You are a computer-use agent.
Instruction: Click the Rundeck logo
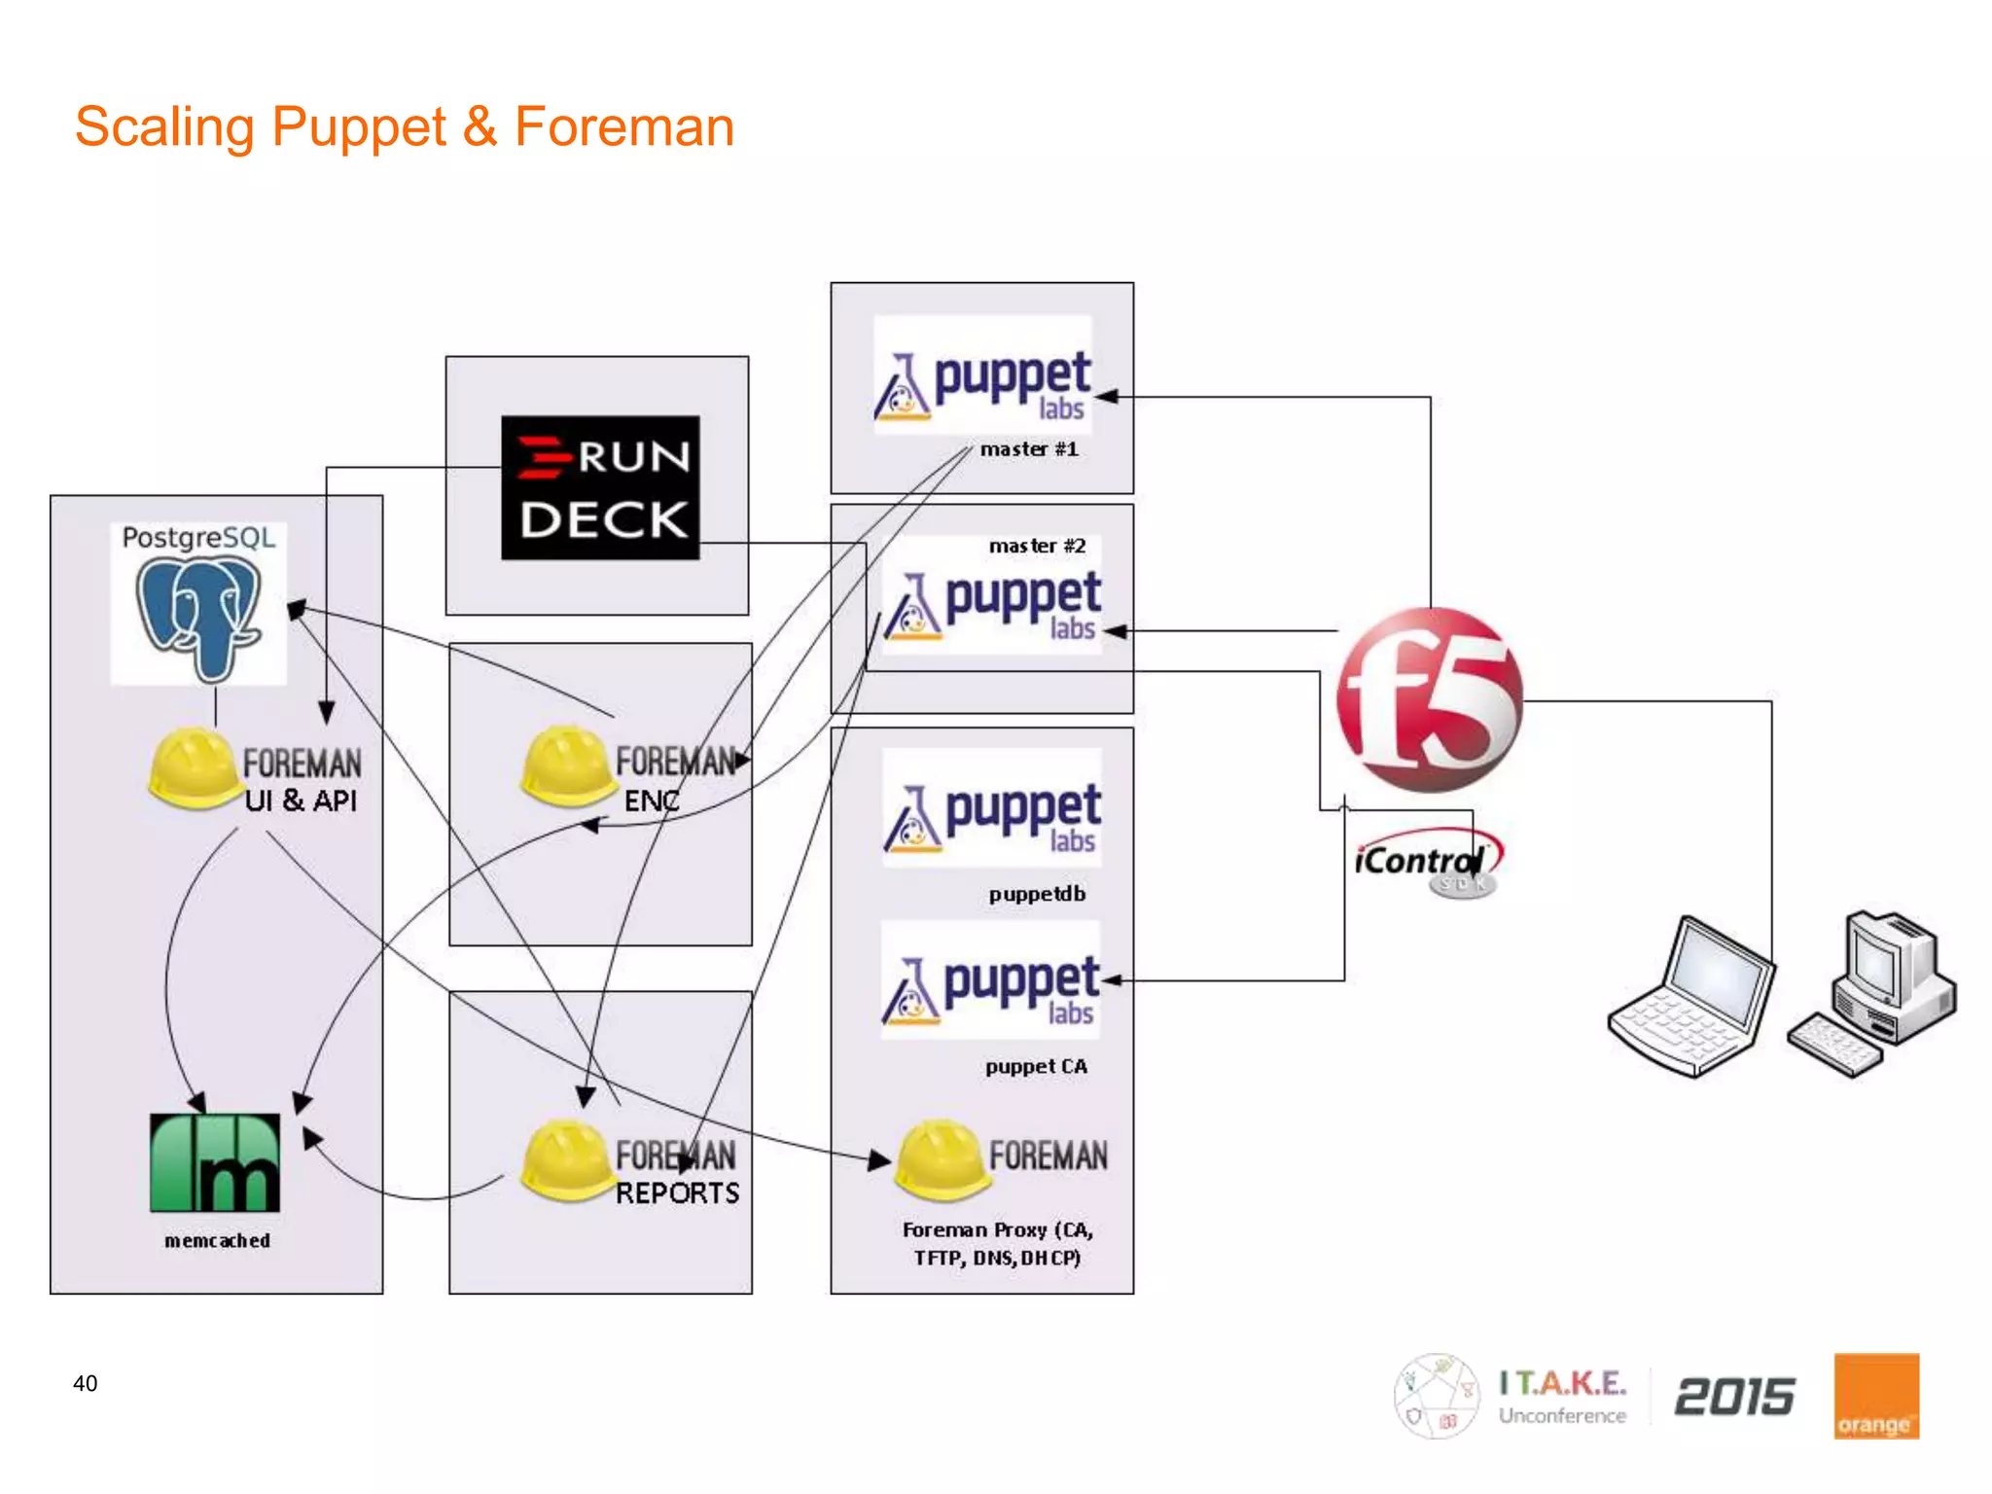click(x=600, y=487)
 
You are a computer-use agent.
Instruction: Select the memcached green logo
click(x=215, y=1162)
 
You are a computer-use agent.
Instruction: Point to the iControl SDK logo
click(x=1426, y=864)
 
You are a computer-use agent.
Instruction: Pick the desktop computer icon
click(x=1872, y=992)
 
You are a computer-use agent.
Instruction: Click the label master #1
click(x=1029, y=449)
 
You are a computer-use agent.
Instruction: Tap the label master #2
click(x=1037, y=546)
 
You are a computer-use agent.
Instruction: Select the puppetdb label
click(x=1037, y=894)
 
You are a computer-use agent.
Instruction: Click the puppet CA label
click(x=1036, y=1066)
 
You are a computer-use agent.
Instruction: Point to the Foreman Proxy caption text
click(x=998, y=1243)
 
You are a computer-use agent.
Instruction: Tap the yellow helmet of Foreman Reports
click(x=565, y=1159)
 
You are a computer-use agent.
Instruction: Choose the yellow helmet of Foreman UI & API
click(x=193, y=767)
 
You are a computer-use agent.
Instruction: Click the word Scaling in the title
click(x=164, y=127)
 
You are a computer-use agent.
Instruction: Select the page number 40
click(x=86, y=1383)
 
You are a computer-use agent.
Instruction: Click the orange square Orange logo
click(x=1876, y=1396)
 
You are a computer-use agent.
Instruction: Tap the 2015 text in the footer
click(x=1734, y=1397)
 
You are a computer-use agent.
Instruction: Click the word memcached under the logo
click(x=217, y=1241)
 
